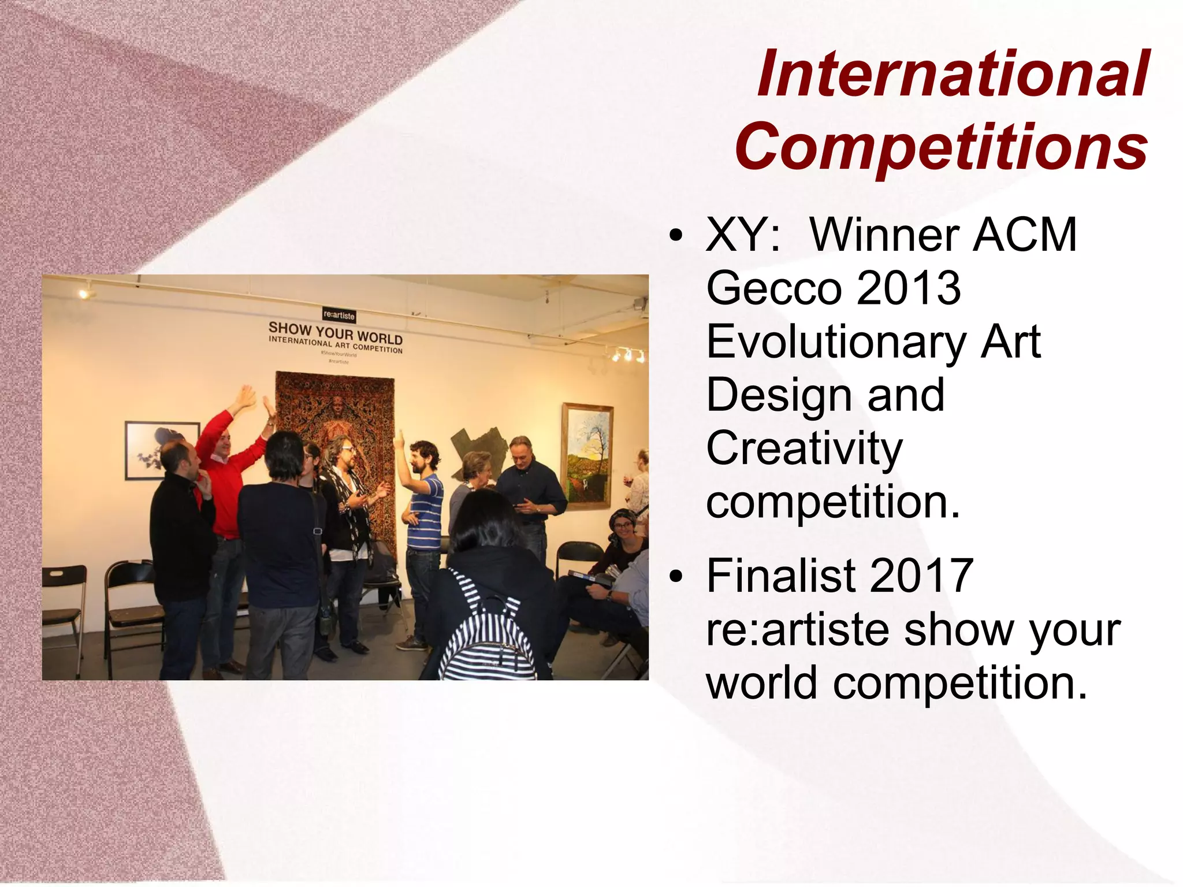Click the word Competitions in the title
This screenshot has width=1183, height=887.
coord(942,147)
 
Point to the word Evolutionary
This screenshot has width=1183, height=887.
coord(835,343)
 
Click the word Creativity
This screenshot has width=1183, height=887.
coord(804,450)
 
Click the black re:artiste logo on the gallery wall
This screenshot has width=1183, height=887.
coord(339,316)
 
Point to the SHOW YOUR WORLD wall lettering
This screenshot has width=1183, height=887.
coord(336,333)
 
